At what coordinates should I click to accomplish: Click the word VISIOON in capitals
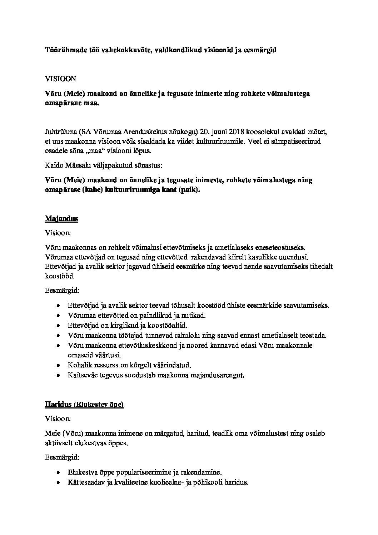(60, 79)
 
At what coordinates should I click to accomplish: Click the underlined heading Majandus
(61, 218)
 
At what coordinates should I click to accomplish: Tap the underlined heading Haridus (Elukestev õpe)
(84, 405)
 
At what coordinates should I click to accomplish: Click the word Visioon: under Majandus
(58, 233)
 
